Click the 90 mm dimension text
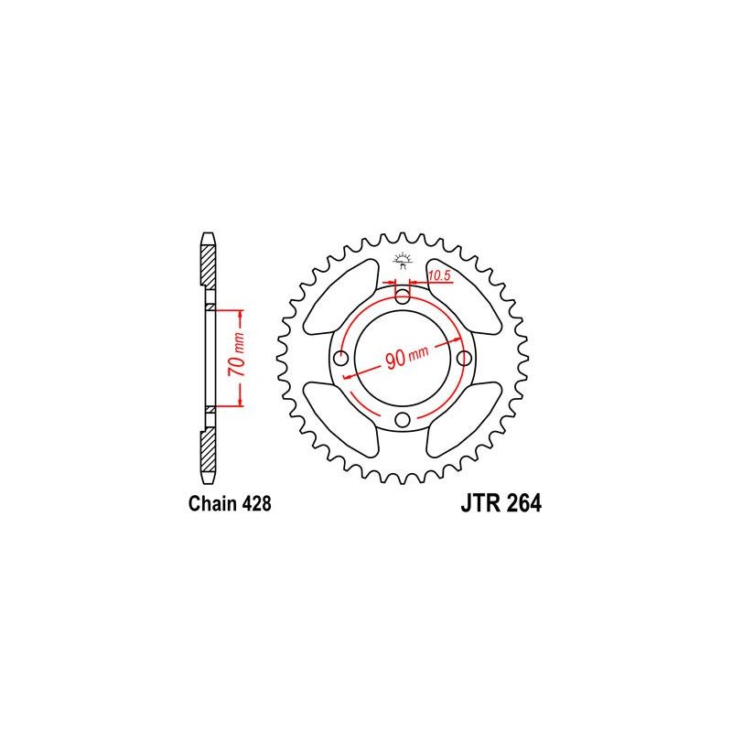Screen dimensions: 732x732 (407, 357)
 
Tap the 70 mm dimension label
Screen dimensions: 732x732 (237, 355)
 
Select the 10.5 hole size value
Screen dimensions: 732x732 (439, 275)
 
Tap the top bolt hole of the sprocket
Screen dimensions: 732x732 (403, 296)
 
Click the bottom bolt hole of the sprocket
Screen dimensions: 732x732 (403, 420)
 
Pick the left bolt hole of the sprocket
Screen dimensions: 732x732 (341, 359)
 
